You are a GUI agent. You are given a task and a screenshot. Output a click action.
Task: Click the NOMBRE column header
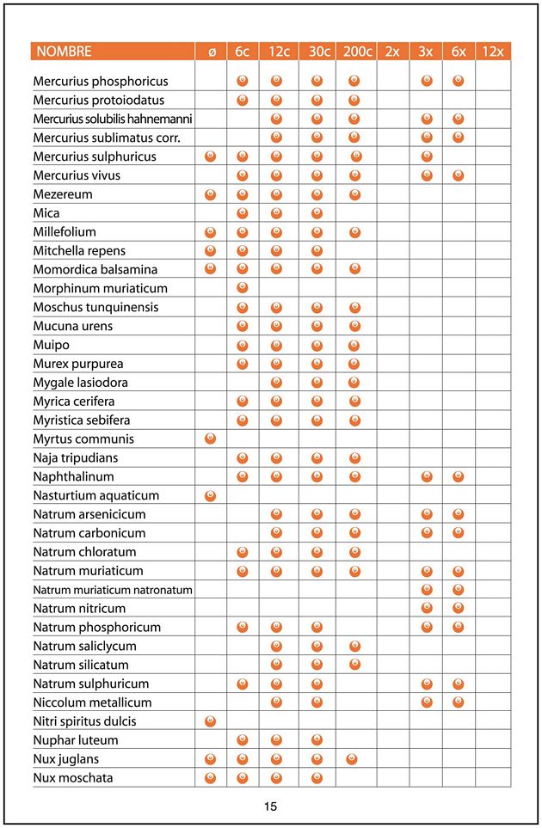[x=63, y=52]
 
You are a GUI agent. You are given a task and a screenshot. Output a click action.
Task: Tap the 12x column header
[x=492, y=52]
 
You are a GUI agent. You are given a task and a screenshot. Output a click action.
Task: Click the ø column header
[x=211, y=52]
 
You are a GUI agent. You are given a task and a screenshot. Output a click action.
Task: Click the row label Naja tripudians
[x=76, y=457]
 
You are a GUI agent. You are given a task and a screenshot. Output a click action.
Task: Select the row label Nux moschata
[x=73, y=778]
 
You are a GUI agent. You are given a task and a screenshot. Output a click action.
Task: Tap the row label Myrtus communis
[x=83, y=439]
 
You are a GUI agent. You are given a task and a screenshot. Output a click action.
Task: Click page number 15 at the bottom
[x=270, y=807]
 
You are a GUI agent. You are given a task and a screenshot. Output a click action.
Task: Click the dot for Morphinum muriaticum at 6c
[x=243, y=288]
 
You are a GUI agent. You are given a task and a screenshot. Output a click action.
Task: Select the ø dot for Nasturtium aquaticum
[x=211, y=495]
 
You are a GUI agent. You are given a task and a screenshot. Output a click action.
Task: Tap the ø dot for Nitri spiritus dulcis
[x=211, y=721]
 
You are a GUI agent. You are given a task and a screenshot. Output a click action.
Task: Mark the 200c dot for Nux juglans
[x=351, y=759]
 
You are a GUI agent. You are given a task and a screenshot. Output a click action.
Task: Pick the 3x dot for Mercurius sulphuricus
[x=426, y=156]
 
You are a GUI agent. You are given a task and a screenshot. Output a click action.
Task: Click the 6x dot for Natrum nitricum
[x=458, y=608]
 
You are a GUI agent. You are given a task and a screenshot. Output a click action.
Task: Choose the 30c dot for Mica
[x=317, y=213]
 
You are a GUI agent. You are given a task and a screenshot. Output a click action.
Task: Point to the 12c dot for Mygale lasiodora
[x=276, y=383]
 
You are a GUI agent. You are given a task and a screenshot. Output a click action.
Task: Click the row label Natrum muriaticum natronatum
[x=113, y=590]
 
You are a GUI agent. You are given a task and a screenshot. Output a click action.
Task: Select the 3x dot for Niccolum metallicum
[x=426, y=702]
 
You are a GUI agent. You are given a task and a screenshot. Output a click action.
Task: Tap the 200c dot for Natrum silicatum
[x=354, y=665]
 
